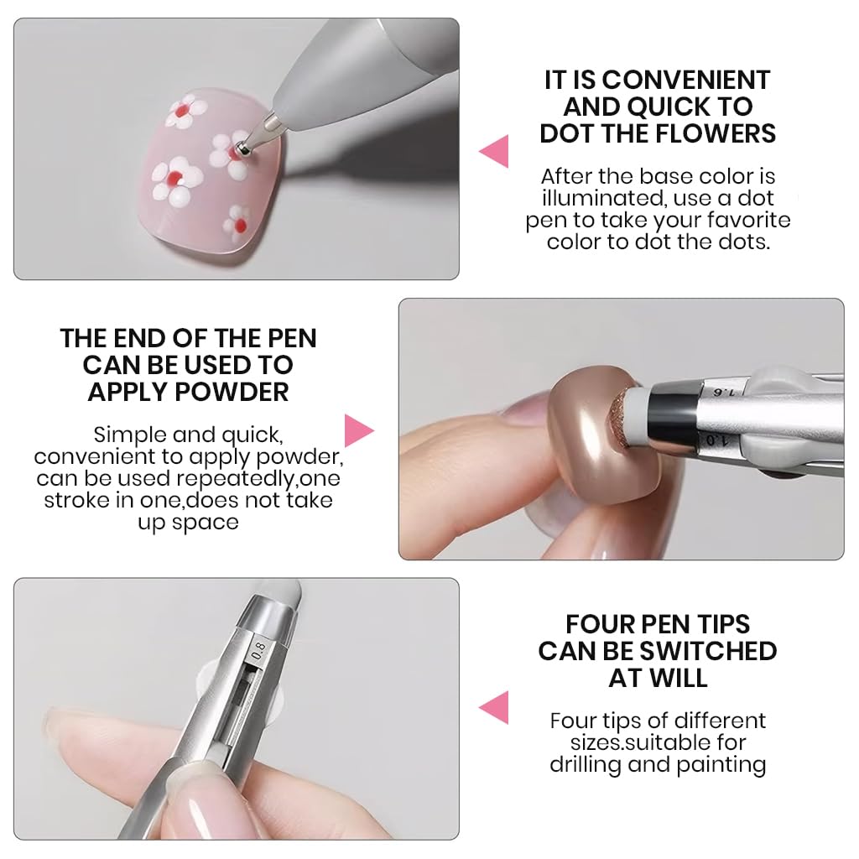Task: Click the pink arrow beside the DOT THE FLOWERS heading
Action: pos(495,152)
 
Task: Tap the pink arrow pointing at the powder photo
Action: pos(358,429)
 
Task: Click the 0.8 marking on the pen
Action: pos(258,649)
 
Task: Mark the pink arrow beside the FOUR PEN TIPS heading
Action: pos(495,707)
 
